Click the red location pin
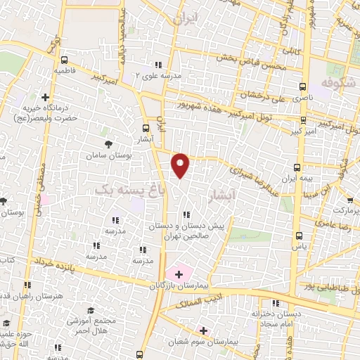[x=181, y=165]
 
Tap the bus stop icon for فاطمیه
[x=65, y=60]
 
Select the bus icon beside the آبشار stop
[x=146, y=128]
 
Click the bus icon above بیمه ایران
[x=297, y=167]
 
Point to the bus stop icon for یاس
[x=298, y=236]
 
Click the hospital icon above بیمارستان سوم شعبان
[x=203, y=330]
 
